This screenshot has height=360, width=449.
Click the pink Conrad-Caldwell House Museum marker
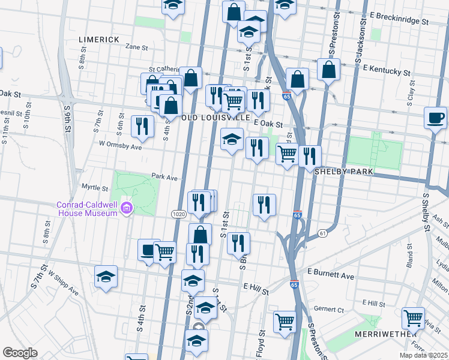tap(127, 209)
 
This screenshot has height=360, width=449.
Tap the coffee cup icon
tap(435, 118)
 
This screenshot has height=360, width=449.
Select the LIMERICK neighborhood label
tap(100, 40)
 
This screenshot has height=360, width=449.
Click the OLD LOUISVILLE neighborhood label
tap(215, 118)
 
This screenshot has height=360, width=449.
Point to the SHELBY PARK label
tap(344, 172)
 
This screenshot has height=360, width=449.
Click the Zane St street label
tap(136, 46)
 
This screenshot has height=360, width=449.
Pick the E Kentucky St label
tap(386, 70)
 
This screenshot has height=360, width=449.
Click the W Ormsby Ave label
tap(120, 145)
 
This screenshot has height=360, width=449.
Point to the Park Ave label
tap(164, 177)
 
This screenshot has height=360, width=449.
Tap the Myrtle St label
tap(94, 188)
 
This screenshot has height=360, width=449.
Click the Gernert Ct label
tap(332, 310)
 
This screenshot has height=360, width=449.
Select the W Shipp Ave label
tap(64, 282)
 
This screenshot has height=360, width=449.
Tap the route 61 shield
tap(322, 233)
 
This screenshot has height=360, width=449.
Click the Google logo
tap(20, 353)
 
